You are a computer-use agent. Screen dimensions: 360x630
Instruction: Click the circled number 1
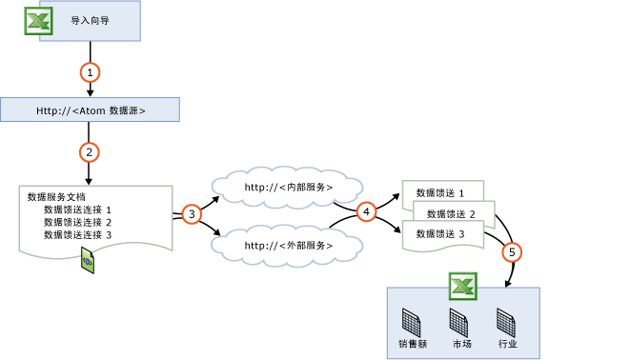(x=90, y=72)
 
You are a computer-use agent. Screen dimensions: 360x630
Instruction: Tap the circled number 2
(x=90, y=151)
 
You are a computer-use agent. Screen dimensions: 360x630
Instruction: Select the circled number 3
(x=192, y=214)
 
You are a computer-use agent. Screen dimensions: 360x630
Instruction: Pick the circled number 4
(x=366, y=212)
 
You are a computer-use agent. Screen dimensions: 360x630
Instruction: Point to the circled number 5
(x=513, y=252)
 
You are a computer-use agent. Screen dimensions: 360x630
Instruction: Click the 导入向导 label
(x=89, y=20)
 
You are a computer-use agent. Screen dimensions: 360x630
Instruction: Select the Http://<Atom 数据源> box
(x=90, y=110)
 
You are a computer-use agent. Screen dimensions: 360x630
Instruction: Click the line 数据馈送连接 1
(x=78, y=210)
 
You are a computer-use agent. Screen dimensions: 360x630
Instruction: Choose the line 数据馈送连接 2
(x=78, y=222)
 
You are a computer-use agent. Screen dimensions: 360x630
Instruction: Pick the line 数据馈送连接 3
(x=78, y=234)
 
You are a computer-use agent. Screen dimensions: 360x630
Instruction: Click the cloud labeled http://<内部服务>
(x=288, y=188)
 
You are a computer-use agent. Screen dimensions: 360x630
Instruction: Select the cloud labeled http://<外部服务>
(x=288, y=246)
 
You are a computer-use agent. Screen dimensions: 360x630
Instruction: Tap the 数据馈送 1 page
(x=441, y=193)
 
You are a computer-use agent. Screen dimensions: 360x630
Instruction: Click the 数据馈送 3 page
(x=441, y=233)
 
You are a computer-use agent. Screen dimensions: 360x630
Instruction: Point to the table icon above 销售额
(x=411, y=320)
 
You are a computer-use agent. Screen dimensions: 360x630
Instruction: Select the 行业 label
(x=508, y=343)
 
